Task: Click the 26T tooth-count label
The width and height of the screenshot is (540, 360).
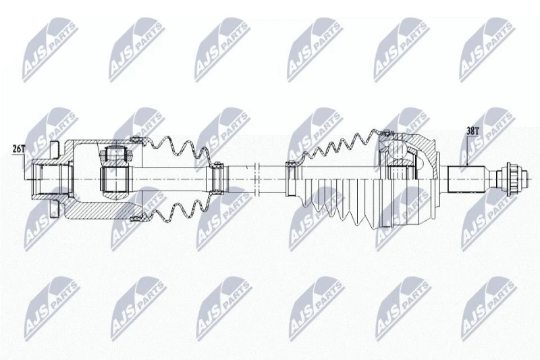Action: pyautogui.click(x=19, y=149)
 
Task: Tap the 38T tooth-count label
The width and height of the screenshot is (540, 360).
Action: pyautogui.click(x=473, y=131)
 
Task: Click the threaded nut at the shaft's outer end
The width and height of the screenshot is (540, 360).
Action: pyautogui.click(x=508, y=179)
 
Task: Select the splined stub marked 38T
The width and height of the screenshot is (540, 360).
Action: pyautogui.click(x=467, y=180)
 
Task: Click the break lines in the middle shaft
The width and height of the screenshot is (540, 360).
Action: pyautogui.click(x=256, y=180)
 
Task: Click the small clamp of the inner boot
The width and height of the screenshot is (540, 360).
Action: pyautogui.click(x=217, y=179)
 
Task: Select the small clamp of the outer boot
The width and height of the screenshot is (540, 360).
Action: pyautogui.click(x=292, y=178)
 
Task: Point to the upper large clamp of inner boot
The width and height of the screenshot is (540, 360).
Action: pyautogui.click(x=137, y=140)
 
